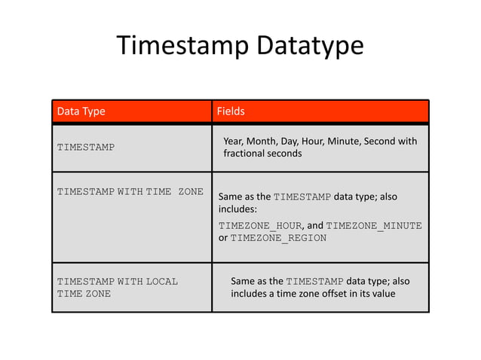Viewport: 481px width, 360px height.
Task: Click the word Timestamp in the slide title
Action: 176,47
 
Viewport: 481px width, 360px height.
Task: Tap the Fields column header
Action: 230,112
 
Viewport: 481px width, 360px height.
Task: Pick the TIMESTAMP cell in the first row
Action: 86,147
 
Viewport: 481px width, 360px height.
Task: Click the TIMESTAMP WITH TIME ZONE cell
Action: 130,191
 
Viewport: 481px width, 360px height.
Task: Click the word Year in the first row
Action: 234,141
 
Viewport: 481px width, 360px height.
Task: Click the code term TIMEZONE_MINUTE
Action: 373,225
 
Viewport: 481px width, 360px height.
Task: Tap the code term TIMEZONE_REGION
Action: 278,238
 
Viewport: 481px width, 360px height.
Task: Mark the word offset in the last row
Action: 345,294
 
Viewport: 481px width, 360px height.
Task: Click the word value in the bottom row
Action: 381,294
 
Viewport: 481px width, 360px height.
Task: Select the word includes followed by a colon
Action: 237,210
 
